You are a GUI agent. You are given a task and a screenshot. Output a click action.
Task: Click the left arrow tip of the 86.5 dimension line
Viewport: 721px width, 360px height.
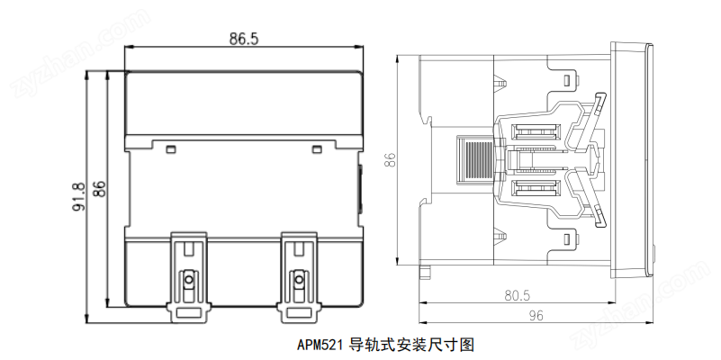tap(125, 47)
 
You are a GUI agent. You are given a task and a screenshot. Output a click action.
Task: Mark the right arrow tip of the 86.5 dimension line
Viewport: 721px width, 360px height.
tap(363, 47)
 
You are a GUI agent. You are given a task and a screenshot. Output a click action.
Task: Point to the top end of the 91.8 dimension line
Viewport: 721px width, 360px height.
tap(86, 71)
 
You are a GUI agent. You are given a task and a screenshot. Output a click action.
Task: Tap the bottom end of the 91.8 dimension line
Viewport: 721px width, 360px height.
tap(86, 323)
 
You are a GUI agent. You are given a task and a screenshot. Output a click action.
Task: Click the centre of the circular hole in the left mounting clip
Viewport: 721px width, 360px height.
tap(188, 280)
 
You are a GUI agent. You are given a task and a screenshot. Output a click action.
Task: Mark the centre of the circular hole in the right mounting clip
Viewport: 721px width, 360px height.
tap(299, 280)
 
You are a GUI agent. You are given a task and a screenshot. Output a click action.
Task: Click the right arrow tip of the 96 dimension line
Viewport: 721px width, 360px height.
tap(653, 322)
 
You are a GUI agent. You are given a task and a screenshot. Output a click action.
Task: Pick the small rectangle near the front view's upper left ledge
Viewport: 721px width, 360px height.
tap(171, 149)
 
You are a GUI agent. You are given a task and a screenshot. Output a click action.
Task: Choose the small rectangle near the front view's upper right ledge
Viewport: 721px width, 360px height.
tap(316, 149)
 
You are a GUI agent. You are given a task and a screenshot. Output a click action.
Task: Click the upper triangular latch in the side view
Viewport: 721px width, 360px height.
tap(500, 84)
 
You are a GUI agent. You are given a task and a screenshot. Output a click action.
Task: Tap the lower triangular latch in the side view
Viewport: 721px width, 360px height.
tap(500, 236)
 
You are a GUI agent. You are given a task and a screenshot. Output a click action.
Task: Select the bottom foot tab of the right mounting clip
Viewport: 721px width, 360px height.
tap(299, 313)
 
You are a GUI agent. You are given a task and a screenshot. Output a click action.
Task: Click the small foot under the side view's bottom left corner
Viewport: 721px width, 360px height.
tap(426, 272)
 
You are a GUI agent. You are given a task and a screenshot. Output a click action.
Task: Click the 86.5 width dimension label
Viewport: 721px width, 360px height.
tap(244, 39)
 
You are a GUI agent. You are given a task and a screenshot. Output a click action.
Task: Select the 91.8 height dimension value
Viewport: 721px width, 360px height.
tap(78, 197)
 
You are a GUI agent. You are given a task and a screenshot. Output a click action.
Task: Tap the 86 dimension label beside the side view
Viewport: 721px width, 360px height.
tap(390, 159)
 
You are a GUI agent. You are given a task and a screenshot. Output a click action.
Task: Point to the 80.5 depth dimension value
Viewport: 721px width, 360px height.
tap(518, 295)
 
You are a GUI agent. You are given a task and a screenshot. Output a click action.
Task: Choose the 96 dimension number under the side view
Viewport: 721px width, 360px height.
tap(536, 315)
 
